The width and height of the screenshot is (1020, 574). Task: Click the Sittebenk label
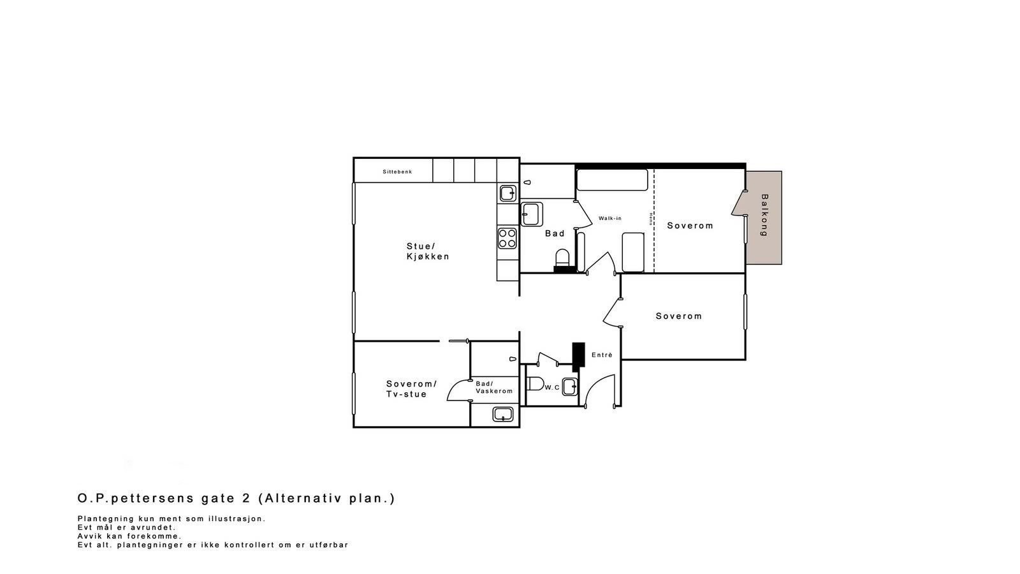[397, 172]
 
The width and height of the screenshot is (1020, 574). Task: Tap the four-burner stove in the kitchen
[507, 238]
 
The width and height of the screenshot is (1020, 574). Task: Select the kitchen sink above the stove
[507, 193]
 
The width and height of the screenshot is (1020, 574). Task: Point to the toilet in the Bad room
[562, 258]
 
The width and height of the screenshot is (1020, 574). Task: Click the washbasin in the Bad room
[532, 214]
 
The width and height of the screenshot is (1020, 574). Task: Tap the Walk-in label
[609, 219]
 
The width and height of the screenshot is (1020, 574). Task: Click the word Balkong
[764, 216]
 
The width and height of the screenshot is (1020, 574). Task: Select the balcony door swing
[738, 203]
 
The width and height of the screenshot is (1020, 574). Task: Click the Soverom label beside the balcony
[690, 226]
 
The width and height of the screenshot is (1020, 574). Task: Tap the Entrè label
[601, 355]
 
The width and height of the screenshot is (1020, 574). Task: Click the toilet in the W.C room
[534, 384]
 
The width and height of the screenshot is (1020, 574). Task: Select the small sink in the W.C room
[569, 386]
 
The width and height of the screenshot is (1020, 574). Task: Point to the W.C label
[552, 388]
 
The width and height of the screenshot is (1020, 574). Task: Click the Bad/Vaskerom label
[493, 387]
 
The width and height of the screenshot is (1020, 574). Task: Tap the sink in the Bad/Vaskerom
[503, 415]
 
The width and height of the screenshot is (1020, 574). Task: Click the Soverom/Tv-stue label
[411, 389]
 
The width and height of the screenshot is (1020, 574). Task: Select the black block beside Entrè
[578, 356]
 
